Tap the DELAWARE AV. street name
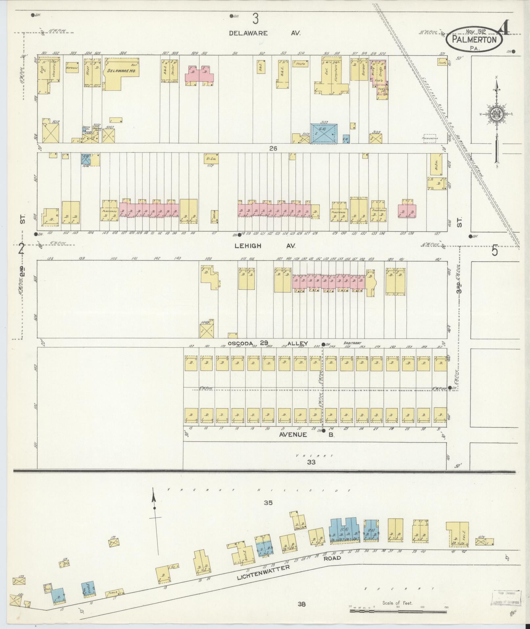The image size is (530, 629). coord(265,33)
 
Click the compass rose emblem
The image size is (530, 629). coord(496,114)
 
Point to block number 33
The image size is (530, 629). coord(311,462)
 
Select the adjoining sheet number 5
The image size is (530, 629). coord(495,251)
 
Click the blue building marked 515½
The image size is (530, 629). coord(324,133)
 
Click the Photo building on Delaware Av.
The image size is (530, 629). coord(301,64)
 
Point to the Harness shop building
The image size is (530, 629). coord(72,67)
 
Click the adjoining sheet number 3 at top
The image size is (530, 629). coord(256,19)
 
